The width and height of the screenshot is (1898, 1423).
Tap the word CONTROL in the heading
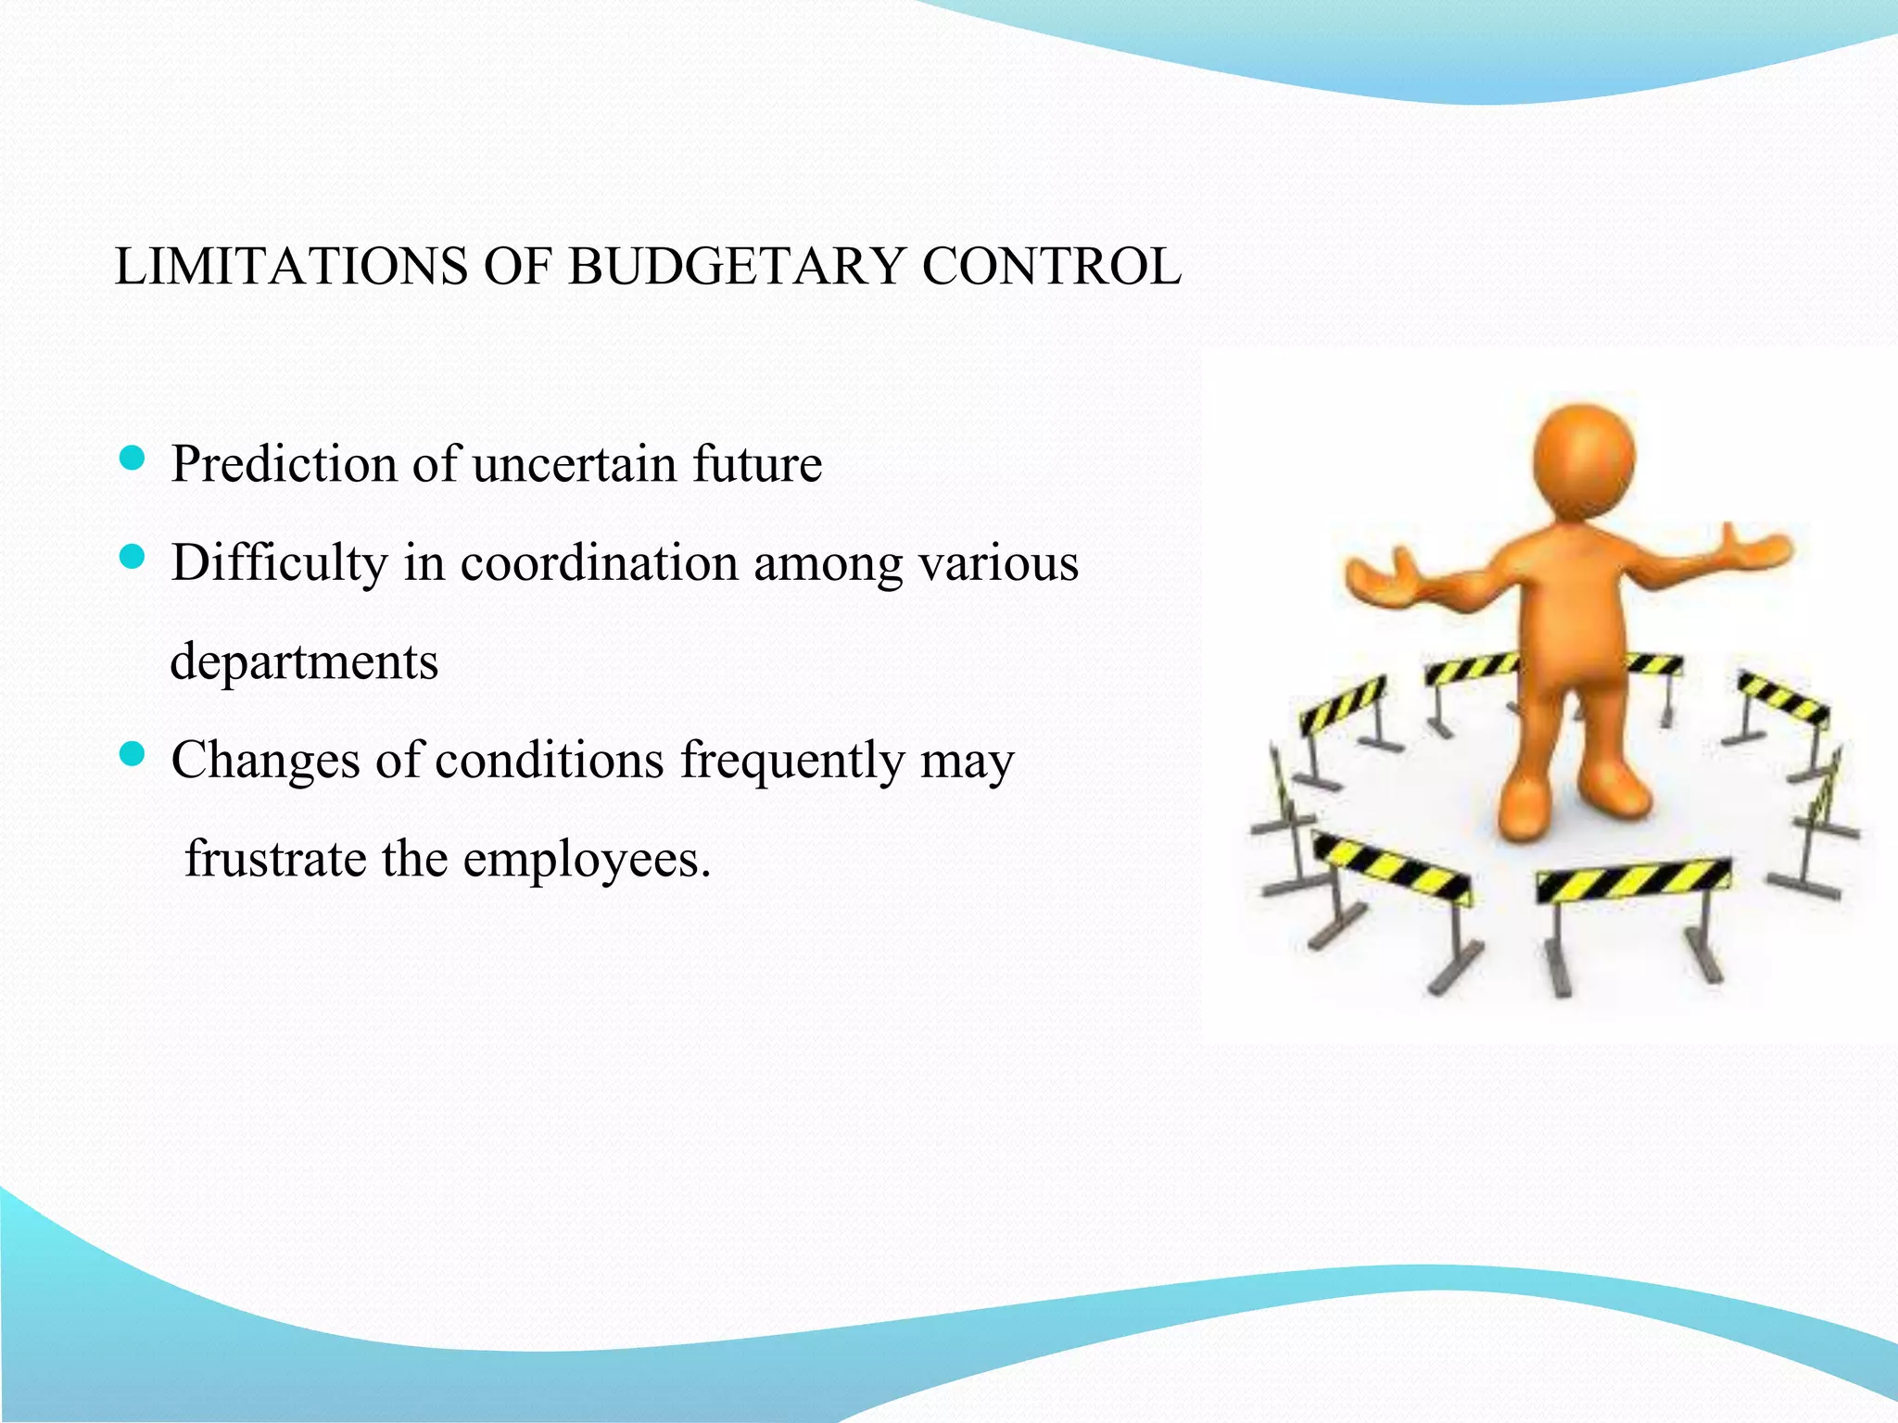[1051, 267]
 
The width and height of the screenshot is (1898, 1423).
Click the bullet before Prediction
[133, 459]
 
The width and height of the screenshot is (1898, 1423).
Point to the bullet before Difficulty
[133, 558]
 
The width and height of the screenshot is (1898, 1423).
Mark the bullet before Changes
[133, 755]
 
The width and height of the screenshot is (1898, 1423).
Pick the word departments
[304, 661]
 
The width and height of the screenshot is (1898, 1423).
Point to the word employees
[586, 861]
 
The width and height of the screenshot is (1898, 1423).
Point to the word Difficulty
[279, 562]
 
